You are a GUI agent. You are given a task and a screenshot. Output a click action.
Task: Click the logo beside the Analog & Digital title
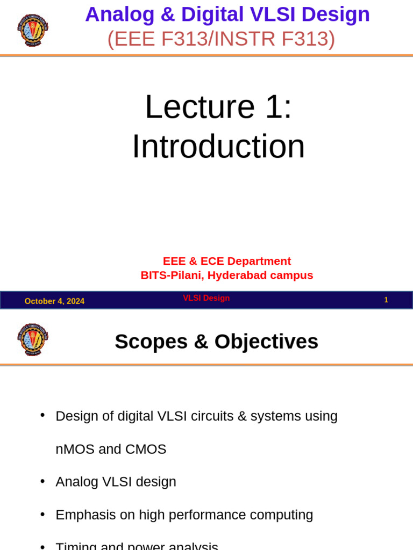(33, 30)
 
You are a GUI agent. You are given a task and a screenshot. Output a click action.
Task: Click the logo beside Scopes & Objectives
(33, 339)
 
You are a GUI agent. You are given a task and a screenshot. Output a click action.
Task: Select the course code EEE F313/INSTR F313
(221, 39)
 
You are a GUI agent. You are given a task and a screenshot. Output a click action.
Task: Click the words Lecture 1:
(218, 106)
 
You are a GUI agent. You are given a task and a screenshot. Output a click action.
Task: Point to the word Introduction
(218, 146)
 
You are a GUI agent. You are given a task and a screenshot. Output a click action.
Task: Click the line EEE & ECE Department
(226, 261)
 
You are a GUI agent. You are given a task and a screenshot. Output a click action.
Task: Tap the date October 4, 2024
(54, 301)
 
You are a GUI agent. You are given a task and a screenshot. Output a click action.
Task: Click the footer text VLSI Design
(206, 298)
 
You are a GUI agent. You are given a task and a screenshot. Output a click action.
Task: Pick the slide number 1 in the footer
(386, 300)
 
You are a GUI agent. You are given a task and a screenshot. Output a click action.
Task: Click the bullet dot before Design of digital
(42, 415)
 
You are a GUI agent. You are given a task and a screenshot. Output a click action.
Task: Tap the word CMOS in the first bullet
(146, 449)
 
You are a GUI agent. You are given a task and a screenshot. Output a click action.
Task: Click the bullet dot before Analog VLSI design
(42, 481)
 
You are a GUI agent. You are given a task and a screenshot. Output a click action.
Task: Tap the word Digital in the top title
(212, 15)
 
